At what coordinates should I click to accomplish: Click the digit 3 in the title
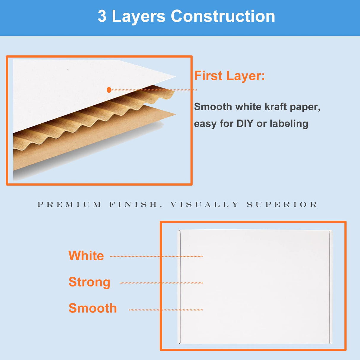click(x=102, y=16)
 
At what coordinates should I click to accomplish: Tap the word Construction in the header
click(x=223, y=16)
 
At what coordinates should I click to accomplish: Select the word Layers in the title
click(x=138, y=16)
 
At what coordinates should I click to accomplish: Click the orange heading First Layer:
click(x=229, y=76)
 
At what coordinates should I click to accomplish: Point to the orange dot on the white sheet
click(x=109, y=90)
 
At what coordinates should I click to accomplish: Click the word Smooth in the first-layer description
click(x=213, y=107)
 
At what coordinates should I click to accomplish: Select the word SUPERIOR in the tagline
click(x=282, y=204)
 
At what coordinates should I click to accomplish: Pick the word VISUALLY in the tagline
click(x=204, y=204)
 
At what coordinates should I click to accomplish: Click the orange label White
click(x=86, y=256)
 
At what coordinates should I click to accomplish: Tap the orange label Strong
click(x=89, y=282)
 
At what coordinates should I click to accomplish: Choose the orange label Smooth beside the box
click(x=93, y=308)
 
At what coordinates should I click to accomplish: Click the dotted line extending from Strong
click(x=161, y=283)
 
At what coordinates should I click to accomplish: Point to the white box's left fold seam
click(x=180, y=286)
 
